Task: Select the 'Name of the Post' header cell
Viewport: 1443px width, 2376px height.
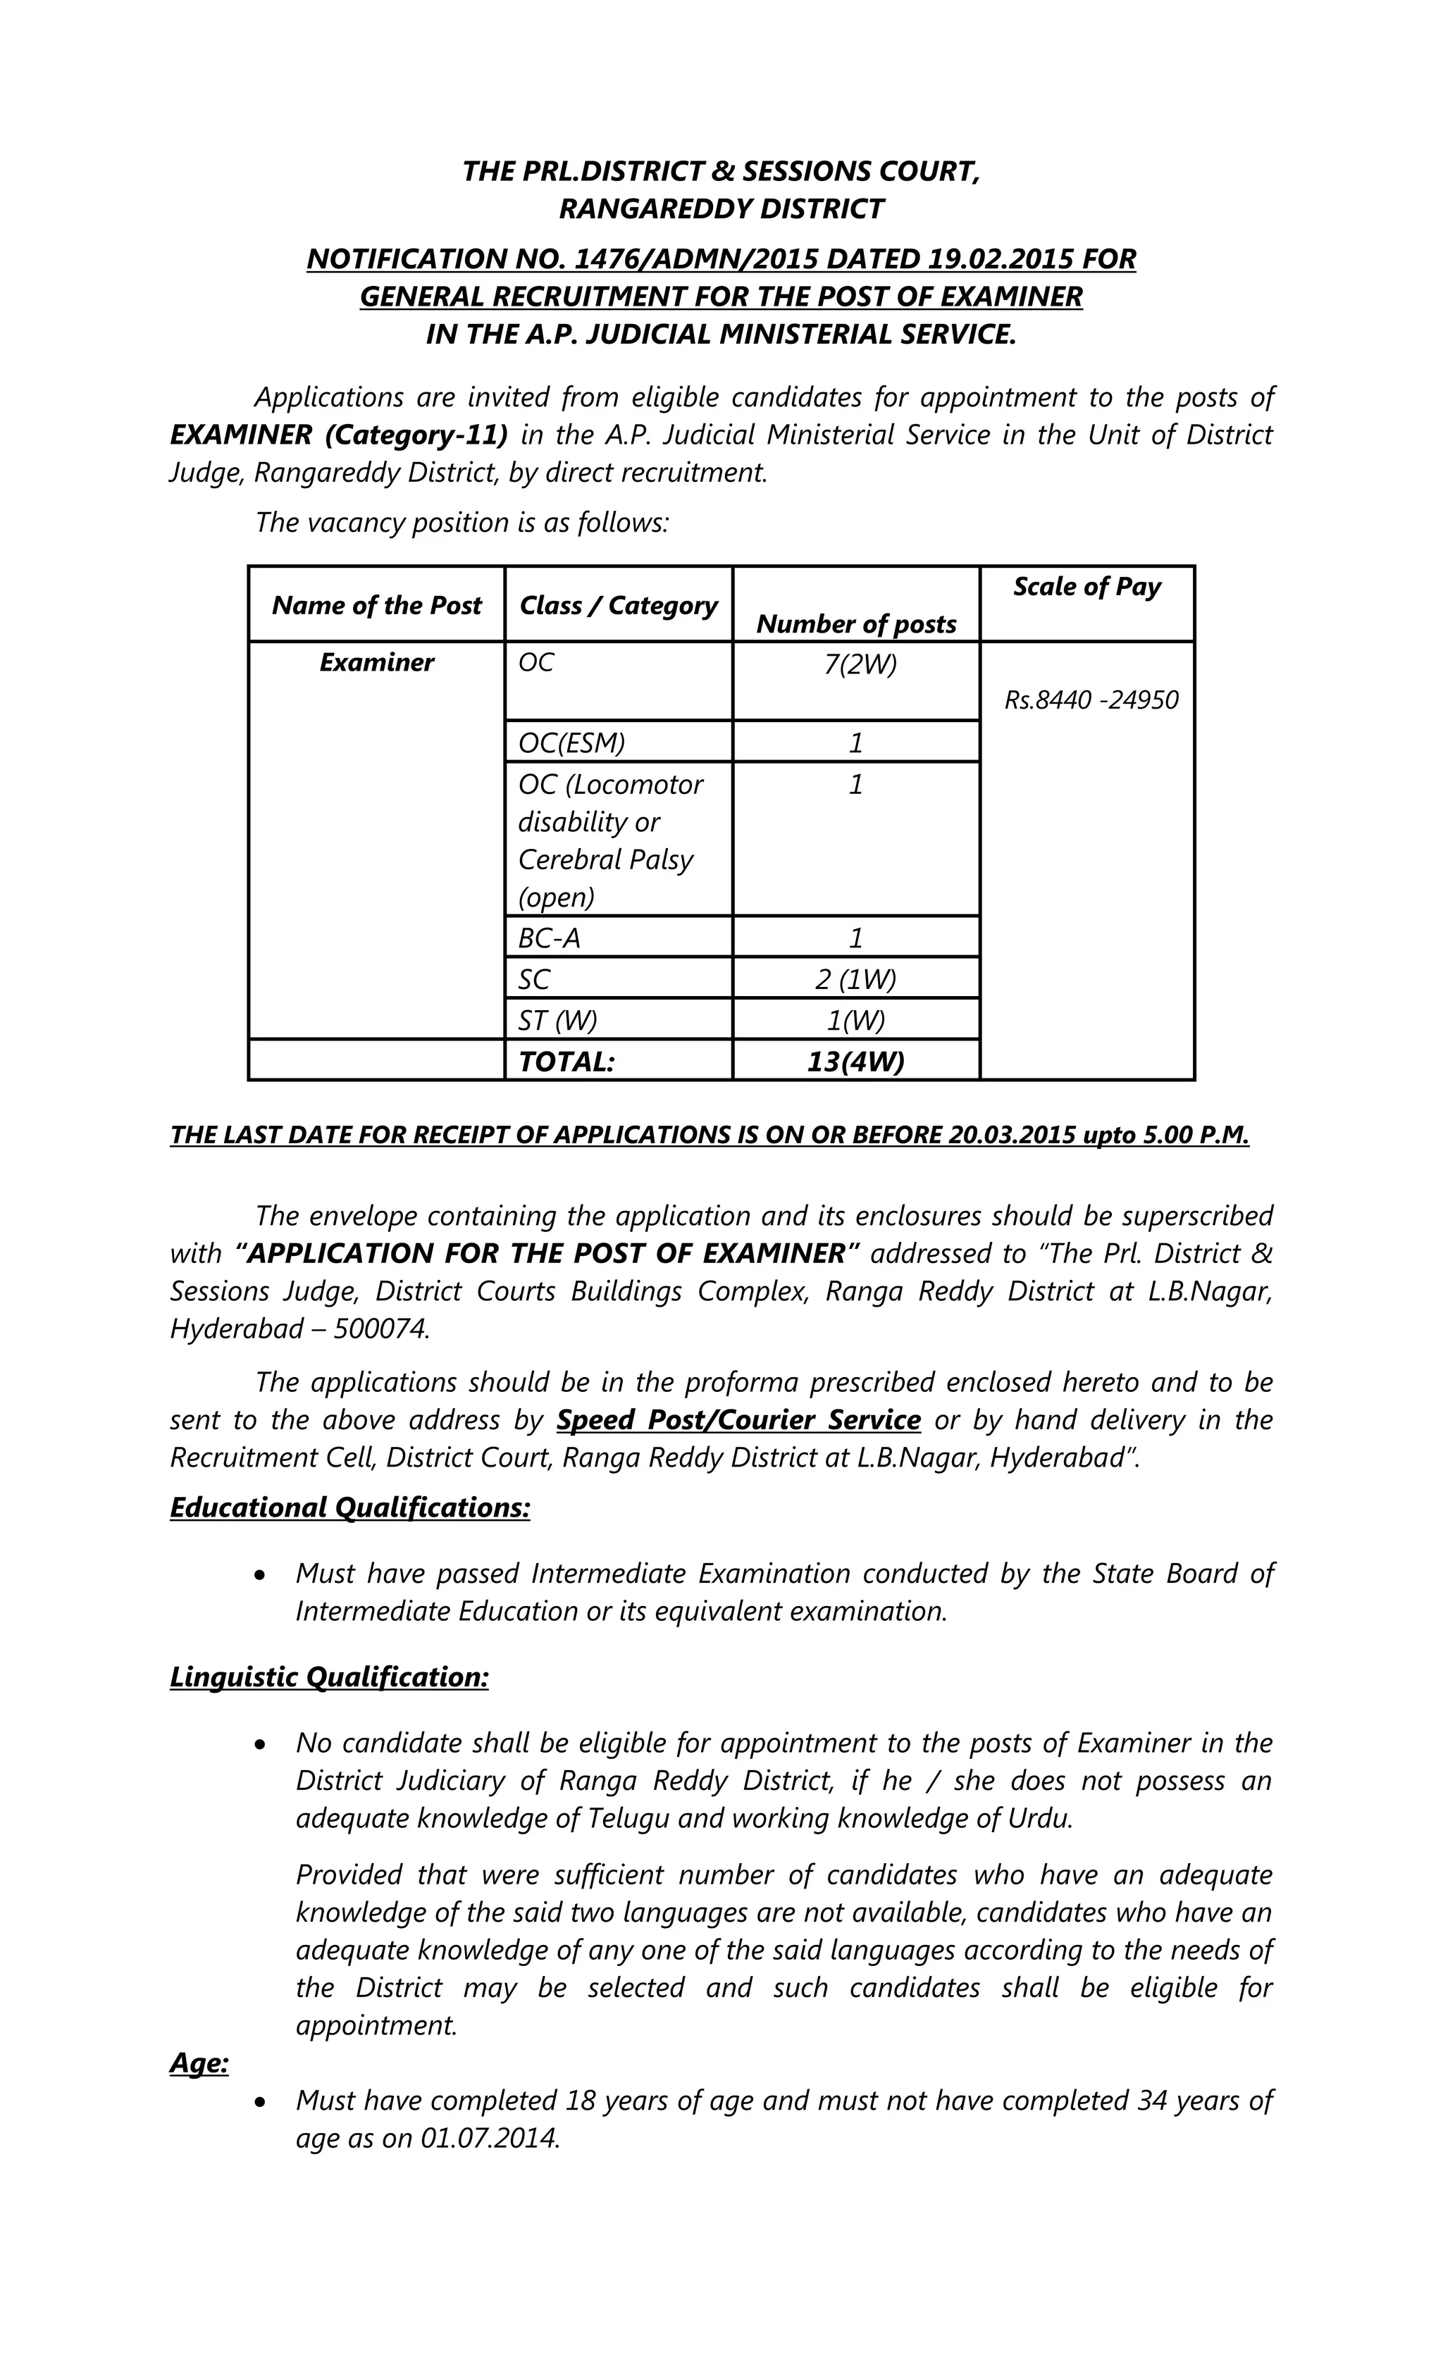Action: [376, 606]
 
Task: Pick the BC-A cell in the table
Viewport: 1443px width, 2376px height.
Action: [549, 938]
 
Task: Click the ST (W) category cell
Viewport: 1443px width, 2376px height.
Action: [557, 1020]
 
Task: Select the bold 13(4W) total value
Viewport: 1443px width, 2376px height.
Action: [855, 1062]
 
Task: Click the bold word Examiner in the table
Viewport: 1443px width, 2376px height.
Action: [376, 662]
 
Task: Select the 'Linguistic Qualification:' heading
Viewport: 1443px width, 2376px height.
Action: [329, 1677]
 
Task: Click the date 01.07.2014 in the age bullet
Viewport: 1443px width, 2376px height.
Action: [489, 2138]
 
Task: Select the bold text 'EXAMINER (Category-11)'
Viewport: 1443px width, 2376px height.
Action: [339, 435]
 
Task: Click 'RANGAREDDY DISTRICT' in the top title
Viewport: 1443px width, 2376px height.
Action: [721, 209]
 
